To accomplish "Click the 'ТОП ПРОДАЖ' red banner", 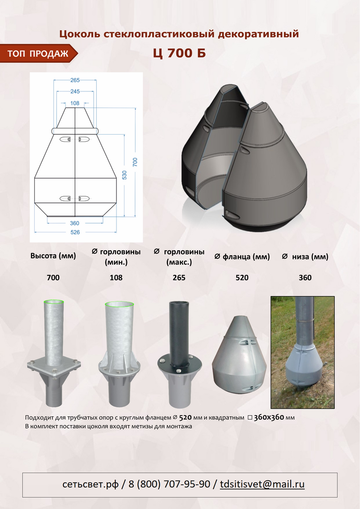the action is coord(38,53).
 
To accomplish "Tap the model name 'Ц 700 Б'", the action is coord(179,53).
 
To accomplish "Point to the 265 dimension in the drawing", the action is coord(75,80).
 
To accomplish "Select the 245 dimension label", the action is coord(75,91).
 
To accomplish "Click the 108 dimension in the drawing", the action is coord(75,103).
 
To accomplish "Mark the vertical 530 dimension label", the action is coord(124,175).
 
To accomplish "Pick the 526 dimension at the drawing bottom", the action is coord(75,232).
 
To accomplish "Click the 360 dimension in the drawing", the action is coord(75,223).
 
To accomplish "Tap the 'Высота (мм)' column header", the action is coord(53,256).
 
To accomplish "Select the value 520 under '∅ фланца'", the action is coord(242,278).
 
